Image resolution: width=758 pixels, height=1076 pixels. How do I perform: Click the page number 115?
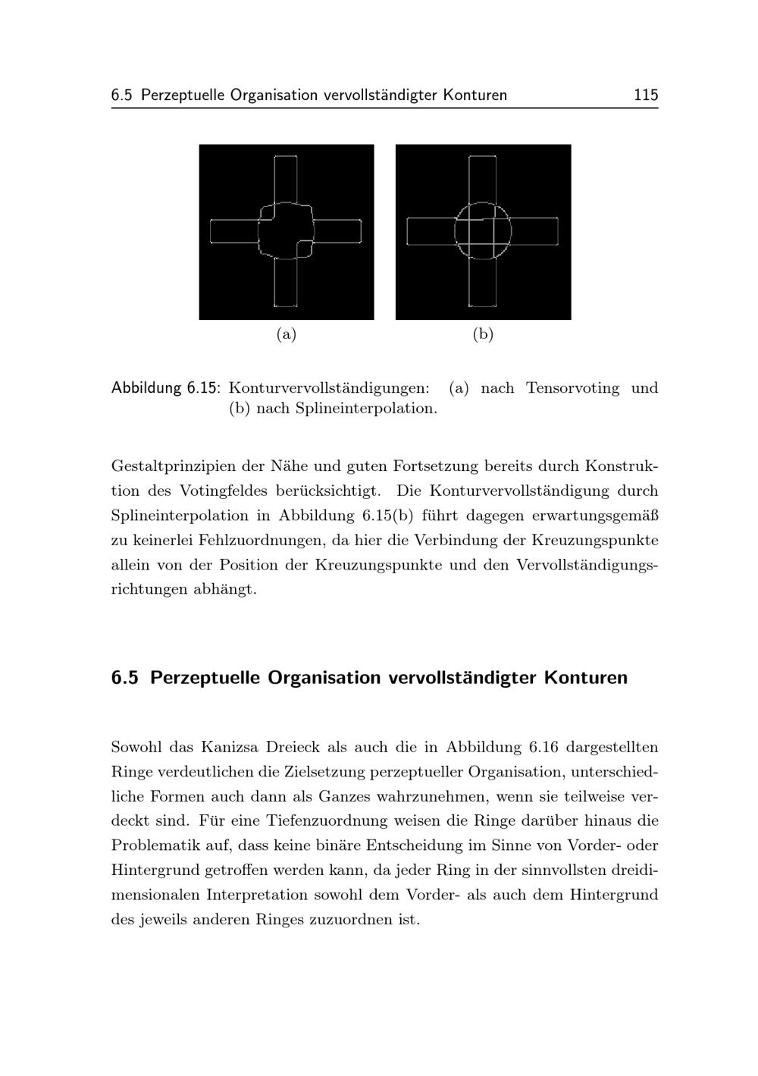pyautogui.click(x=646, y=96)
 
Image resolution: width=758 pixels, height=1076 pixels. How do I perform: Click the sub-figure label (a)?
pyautogui.click(x=286, y=334)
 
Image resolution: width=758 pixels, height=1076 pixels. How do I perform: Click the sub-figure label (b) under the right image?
pyautogui.click(x=483, y=334)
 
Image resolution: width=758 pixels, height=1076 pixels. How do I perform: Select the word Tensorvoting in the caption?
pyautogui.click(x=572, y=388)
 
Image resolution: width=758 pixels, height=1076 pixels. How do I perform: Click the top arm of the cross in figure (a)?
pyautogui.click(x=286, y=178)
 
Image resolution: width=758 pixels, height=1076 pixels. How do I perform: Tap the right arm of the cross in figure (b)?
pyautogui.click(x=534, y=231)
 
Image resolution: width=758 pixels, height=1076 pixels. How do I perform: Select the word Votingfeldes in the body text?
pyautogui.click(x=223, y=491)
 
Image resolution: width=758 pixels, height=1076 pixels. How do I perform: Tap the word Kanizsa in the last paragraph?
pyautogui.click(x=230, y=747)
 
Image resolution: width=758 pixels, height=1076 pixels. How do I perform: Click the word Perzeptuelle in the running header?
pyautogui.click(x=183, y=96)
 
